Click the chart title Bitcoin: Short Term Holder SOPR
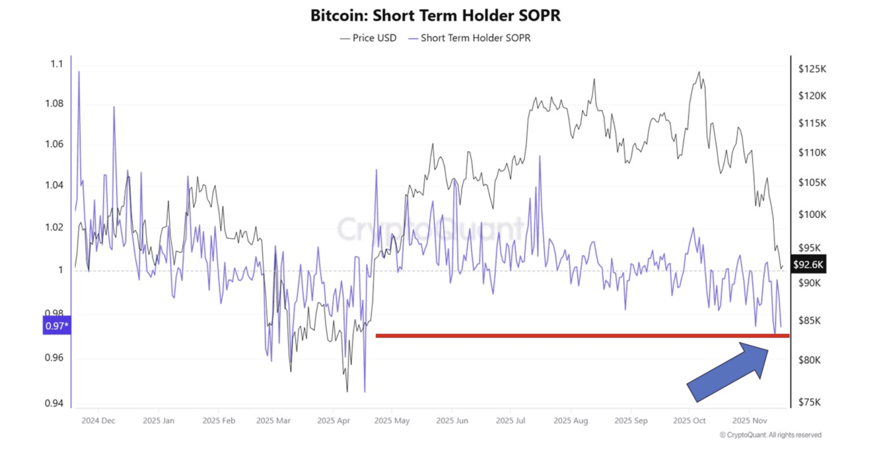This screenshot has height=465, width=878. pyautogui.click(x=435, y=16)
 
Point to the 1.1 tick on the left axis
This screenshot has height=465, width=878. pyautogui.click(x=57, y=64)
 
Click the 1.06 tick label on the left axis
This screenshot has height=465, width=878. pyautogui.click(x=54, y=144)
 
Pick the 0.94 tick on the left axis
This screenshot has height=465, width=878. pyautogui.click(x=54, y=403)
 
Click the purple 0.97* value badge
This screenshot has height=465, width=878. pyautogui.click(x=57, y=326)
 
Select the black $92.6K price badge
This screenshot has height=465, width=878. pyautogui.click(x=808, y=264)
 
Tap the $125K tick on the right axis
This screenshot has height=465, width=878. pyautogui.click(x=812, y=69)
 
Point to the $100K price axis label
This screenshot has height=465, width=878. pyautogui.click(x=812, y=214)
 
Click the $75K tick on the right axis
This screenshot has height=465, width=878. pyautogui.click(x=810, y=402)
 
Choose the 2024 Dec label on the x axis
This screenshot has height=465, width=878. pyautogui.click(x=98, y=420)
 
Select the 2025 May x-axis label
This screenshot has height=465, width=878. pyautogui.click(x=392, y=420)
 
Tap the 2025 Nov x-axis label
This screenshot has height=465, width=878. pyautogui.click(x=749, y=420)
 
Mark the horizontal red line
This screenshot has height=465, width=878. pyautogui.click(x=579, y=336)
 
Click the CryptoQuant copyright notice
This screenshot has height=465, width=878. pyautogui.click(x=770, y=435)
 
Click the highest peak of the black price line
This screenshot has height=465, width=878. pyautogui.click(x=699, y=72)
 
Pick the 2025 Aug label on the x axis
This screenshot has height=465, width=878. pyautogui.click(x=571, y=420)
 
